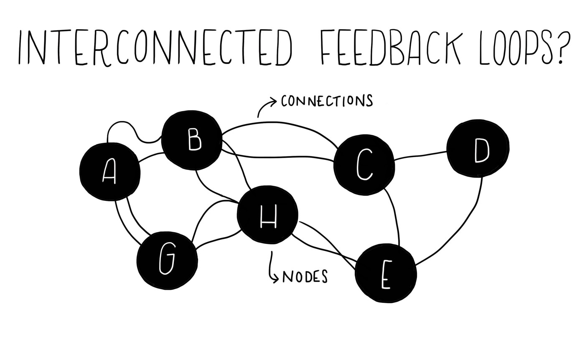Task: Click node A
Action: [x=109, y=172]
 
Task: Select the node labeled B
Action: [x=192, y=140]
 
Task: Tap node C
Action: [x=364, y=164]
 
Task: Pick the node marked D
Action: [x=479, y=148]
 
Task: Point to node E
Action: [x=386, y=273]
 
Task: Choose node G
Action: [x=167, y=260]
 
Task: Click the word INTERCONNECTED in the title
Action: [x=155, y=47]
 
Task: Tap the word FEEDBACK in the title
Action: [x=391, y=47]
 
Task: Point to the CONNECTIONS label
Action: [x=326, y=101]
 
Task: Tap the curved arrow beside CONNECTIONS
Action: [x=265, y=106]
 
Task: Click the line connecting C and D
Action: [x=420, y=155]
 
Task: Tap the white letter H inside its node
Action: [x=268, y=217]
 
